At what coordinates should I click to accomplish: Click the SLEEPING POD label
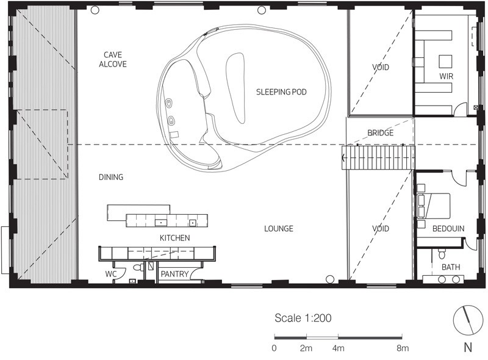click(281, 92)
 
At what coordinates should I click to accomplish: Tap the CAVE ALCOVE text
click(113, 59)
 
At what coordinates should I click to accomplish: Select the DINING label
click(111, 177)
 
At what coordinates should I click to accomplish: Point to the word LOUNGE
click(279, 229)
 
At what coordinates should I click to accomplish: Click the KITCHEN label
click(174, 238)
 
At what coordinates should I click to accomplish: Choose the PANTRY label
click(174, 274)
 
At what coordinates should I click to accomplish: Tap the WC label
click(111, 274)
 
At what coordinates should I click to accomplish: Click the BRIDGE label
click(380, 133)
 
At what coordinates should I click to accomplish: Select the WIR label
click(446, 76)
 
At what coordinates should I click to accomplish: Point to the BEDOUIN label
click(448, 229)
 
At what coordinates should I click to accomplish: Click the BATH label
click(451, 267)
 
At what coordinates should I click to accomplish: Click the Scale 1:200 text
click(303, 319)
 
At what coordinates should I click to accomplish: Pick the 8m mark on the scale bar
click(403, 348)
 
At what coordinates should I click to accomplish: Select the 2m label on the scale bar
click(306, 348)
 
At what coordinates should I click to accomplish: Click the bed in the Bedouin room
click(434, 206)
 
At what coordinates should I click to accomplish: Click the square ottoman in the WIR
click(445, 62)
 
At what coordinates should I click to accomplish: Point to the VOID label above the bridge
click(380, 67)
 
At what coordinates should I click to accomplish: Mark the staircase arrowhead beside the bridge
click(343, 158)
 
